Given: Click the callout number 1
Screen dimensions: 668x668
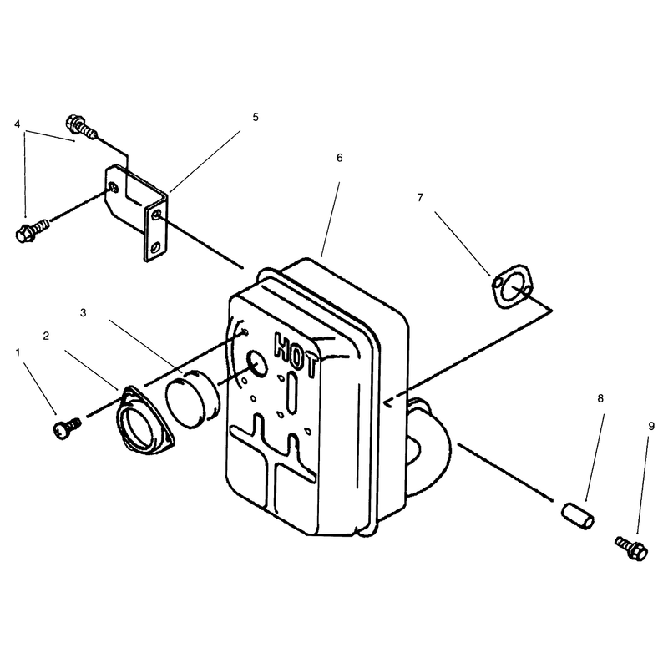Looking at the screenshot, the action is pos(18,352).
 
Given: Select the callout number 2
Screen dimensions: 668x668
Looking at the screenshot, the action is pos(46,337).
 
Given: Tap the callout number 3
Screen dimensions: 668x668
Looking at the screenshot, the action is pos(83,312).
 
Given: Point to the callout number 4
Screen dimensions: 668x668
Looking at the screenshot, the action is pos(17,124).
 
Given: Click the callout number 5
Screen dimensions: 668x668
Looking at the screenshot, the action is pos(256,117).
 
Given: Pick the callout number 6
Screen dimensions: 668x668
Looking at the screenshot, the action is pos(340,158).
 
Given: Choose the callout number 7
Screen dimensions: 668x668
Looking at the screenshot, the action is pos(420,198).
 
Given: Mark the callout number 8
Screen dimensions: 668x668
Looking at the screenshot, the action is pos(600,399).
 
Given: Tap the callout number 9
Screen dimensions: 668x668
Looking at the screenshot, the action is pos(651,427).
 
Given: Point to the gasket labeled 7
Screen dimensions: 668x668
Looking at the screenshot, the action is pos(511,286).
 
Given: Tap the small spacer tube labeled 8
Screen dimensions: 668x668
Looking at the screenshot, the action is pos(577,516).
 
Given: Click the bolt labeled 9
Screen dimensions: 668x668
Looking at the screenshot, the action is pos(632,549).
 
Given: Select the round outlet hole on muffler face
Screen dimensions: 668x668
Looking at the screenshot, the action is pos(257,363).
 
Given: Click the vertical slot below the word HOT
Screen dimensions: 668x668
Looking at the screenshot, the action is pos(292,392).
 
